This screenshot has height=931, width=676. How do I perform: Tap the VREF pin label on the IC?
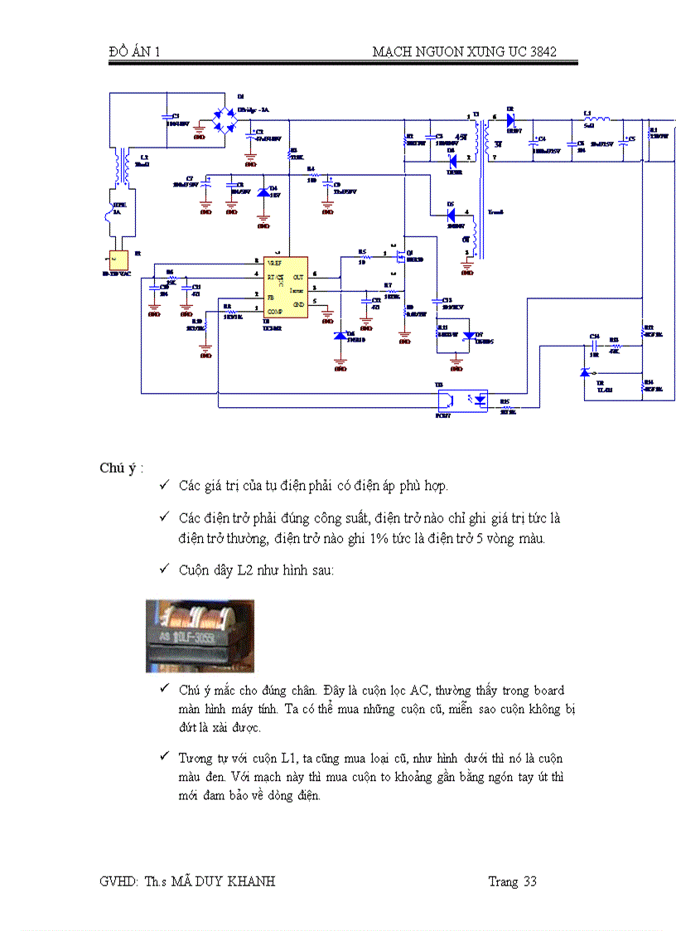tap(274, 262)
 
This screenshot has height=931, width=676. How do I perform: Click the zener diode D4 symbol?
tap(264, 193)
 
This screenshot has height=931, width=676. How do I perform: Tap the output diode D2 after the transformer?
tap(511, 119)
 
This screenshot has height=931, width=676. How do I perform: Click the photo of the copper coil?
tap(200, 636)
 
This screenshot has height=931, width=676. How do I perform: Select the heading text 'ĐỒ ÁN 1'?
tap(133, 51)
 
